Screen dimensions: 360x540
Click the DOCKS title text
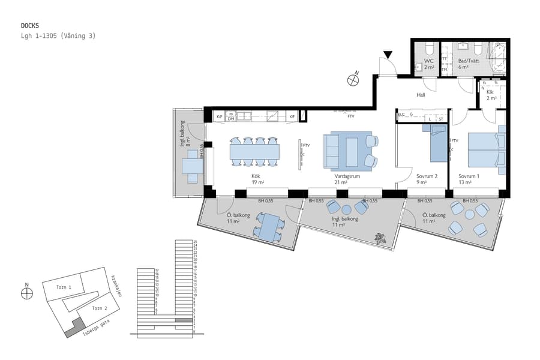point(30,26)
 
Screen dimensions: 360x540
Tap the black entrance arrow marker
point(388,55)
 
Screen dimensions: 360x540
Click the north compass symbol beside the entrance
point(353,78)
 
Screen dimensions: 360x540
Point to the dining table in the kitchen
point(254,151)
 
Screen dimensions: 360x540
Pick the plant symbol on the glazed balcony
point(379,238)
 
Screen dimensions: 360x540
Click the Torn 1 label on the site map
point(64,288)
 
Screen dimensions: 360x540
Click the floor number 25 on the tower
point(195,242)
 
